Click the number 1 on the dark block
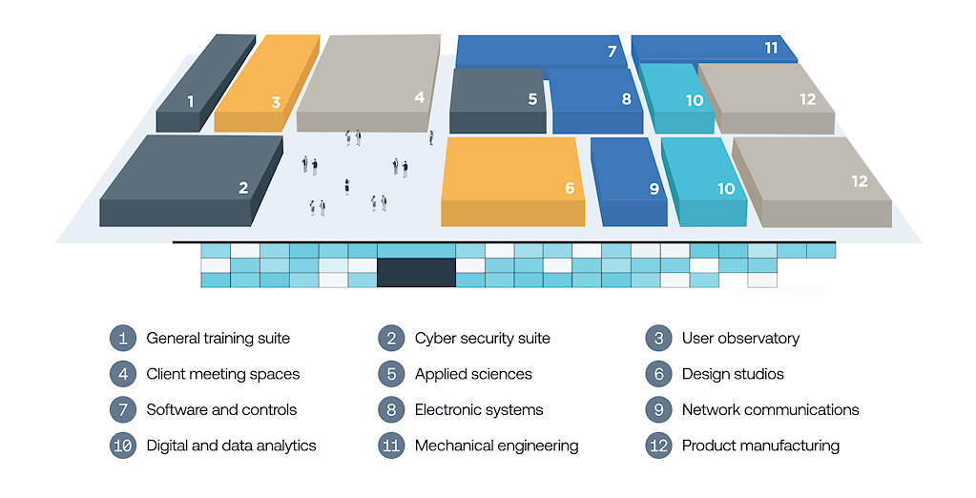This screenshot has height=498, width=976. (191, 101)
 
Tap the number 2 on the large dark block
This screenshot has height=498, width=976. (243, 188)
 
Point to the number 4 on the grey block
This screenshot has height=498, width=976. (419, 97)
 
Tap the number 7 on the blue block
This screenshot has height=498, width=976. (613, 52)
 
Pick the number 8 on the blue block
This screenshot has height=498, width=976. (626, 98)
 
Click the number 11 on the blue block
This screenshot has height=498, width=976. (771, 48)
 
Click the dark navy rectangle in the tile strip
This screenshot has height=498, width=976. (416, 272)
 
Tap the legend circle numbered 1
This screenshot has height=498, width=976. (123, 338)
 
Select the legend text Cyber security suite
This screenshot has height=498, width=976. (482, 338)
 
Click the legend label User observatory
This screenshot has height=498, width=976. (740, 338)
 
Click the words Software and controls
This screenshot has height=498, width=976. (221, 409)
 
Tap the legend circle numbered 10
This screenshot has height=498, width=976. (123, 446)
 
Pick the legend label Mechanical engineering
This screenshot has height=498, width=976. (496, 446)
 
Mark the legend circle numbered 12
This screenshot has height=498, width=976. (658, 446)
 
